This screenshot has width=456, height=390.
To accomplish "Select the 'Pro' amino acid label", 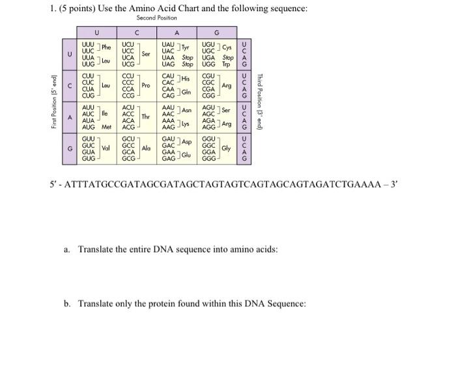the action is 146,85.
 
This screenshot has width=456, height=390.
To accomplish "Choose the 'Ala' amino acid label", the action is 146,148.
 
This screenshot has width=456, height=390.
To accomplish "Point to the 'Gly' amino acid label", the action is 226,148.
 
